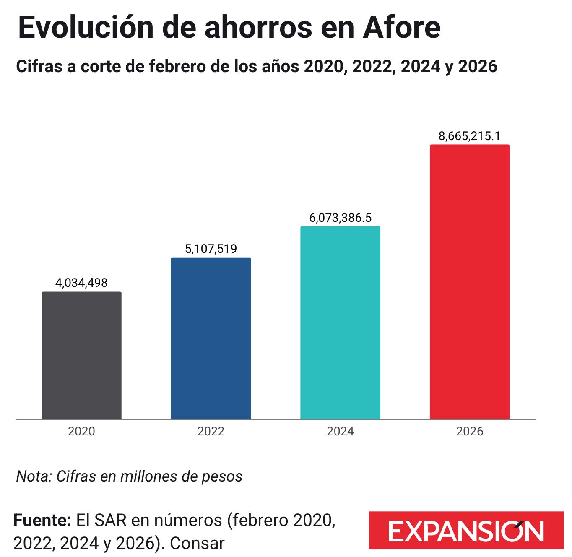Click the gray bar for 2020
click(81, 355)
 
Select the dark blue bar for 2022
click(211, 338)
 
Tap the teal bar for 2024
click(340, 323)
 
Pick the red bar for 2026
click(469, 281)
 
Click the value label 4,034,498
click(81, 283)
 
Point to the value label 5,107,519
click(211, 249)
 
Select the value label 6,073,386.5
click(340, 218)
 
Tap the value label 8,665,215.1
click(469, 136)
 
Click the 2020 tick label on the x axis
click(81, 431)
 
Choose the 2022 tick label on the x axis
click(211, 431)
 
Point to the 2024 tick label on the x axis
click(340, 431)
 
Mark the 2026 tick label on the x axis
click(469, 431)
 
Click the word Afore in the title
click(402, 27)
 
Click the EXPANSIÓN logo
click(466, 531)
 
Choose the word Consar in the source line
click(197, 544)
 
